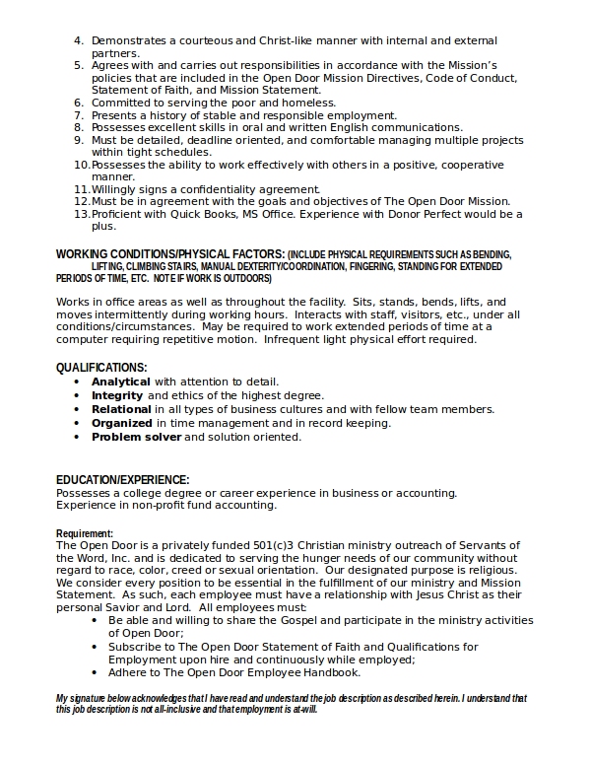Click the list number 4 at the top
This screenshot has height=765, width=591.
[80, 40]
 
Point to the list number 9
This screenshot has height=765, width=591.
[80, 140]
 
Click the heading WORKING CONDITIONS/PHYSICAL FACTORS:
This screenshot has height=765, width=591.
[170, 254]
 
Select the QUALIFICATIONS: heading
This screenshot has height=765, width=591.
[101, 368]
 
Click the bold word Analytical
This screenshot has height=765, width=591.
[121, 382]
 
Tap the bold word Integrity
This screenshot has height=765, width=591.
[117, 395]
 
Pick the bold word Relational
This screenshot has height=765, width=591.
[122, 409]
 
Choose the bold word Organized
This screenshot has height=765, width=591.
[122, 423]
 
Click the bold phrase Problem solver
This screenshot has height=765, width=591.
[136, 437]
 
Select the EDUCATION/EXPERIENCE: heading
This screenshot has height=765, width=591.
[122, 480]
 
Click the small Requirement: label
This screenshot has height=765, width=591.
[85, 534]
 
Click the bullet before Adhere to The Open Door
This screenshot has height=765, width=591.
[95, 672]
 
